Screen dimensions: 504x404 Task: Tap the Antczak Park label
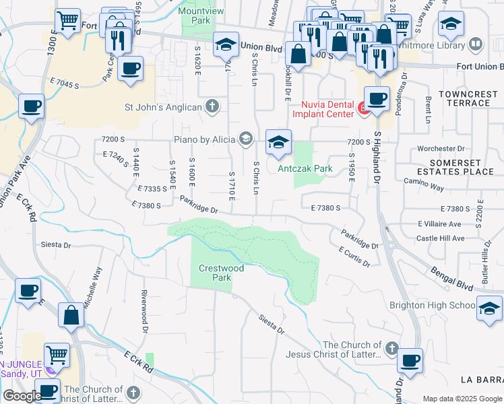[305, 168]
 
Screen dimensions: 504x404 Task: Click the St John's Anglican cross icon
[212, 106]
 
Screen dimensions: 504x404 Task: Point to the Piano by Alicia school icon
[245, 139]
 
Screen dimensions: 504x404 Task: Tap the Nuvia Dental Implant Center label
[326, 108]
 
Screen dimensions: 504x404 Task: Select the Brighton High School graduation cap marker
[489, 308]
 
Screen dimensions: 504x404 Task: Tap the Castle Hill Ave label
[440, 238]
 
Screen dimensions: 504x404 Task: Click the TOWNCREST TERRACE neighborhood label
[464, 98]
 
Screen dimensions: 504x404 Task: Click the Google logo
[22, 396]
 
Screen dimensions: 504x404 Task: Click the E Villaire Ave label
[439, 224]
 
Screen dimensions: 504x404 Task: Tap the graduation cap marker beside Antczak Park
[278, 142]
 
